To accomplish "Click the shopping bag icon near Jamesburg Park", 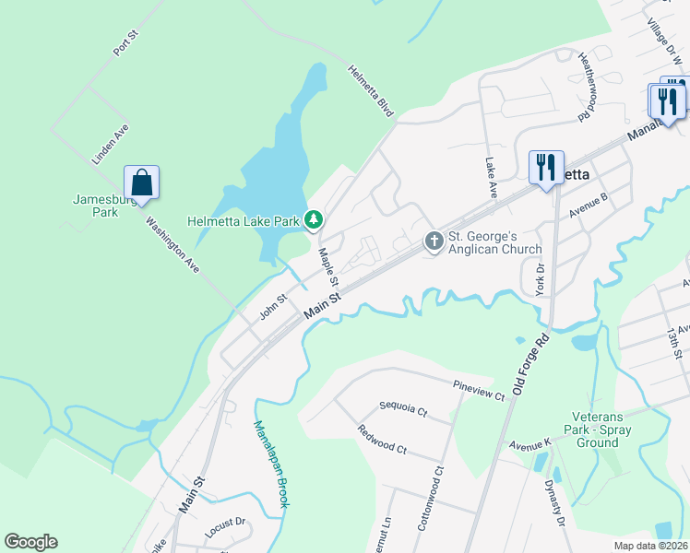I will (x=141, y=181).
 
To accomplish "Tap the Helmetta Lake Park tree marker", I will (x=315, y=219).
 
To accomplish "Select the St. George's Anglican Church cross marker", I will (x=434, y=241).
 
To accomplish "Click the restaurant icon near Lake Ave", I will (x=546, y=168).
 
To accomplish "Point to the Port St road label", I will (x=125, y=42).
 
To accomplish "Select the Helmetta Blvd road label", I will (x=371, y=89).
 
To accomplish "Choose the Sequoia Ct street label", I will (x=404, y=407).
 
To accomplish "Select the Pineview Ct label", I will (x=479, y=389).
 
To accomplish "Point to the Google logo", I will (x=31, y=542).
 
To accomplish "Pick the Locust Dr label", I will (x=225, y=528).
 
